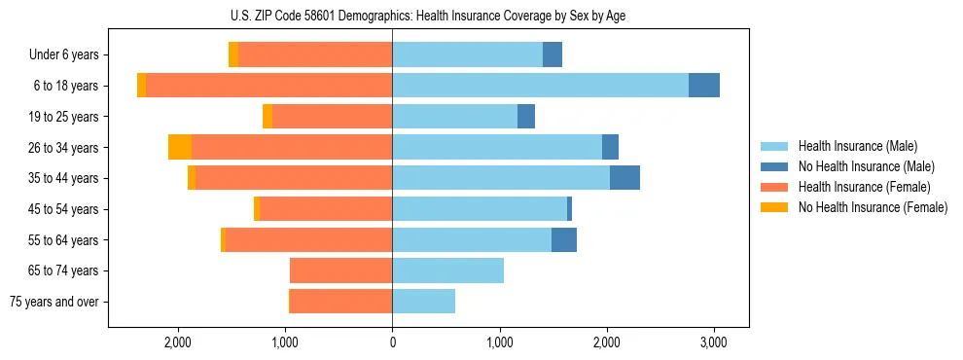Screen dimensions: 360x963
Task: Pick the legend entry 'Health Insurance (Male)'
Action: (857, 146)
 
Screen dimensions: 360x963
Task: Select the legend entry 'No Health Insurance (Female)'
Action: (873, 207)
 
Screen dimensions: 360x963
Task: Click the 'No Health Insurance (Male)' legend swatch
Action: (774, 166)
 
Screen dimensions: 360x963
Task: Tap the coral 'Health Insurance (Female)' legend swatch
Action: (774, 187)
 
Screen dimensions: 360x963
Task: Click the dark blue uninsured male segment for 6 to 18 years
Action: (704, 86)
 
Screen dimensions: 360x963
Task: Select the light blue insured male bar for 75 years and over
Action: (424, 302)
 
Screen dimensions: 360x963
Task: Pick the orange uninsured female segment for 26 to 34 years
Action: (180, 147)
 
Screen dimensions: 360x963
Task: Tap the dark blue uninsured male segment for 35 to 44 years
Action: (624, 178)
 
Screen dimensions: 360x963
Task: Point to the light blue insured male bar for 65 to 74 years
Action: (448, 270)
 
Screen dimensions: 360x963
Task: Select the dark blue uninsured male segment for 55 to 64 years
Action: (564, 239)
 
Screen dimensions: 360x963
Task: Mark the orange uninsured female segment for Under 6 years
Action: (233, 55)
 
